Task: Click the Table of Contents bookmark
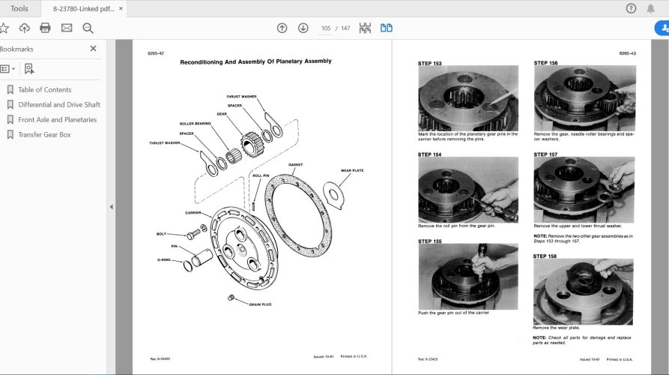click(x=44, y=90)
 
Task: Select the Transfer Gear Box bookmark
click(x=44, y=135)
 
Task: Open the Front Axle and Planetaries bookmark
click(x=57, y=120)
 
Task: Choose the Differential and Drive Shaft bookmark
click(x=58, y=105)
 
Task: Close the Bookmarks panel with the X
click(x=93, y=49)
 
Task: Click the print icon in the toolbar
click(x=45, y=28)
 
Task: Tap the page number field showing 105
click(x=326, y=28)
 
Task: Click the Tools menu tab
click(x=19, y=8)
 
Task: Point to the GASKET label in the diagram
click(x=294, y=164)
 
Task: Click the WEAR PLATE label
click(x=351, y=170)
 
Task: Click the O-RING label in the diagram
click(x=165, y=260)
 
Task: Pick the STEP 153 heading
click(x=430, y=64)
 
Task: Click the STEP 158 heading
click(x=545, y=256)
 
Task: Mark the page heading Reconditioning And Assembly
click(x=255, y=61)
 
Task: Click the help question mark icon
click(x=631, y=8)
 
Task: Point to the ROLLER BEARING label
click(x=195, y=123)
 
